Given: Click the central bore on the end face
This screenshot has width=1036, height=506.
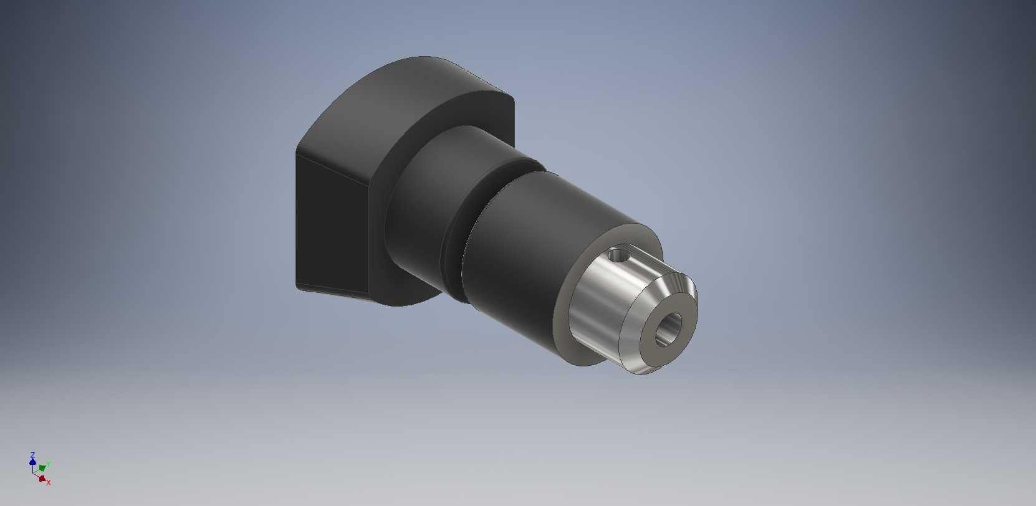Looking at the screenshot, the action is (x=668, y=329).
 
